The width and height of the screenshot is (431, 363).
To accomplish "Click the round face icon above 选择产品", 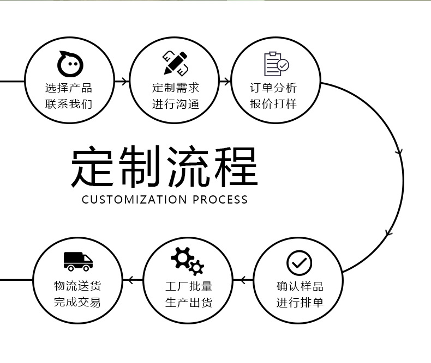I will coord(70,64).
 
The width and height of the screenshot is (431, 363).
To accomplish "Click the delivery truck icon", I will coord(78,261).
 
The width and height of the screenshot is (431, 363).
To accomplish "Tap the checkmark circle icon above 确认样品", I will coord(299,263).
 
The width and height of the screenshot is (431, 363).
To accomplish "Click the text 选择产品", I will coord(69,88).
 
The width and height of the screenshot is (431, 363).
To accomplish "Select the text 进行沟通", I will coord(176,103).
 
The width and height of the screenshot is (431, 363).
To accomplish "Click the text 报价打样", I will coord(273,103).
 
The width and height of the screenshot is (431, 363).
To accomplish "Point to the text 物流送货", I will coord(77,286).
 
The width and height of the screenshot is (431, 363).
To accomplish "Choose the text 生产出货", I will coord(189,302).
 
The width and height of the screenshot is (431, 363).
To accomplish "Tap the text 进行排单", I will coord(300,302).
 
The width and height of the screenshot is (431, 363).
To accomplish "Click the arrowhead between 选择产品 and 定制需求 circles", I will coord(125,82).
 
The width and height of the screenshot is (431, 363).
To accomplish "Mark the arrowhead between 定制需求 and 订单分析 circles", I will coord(225,82).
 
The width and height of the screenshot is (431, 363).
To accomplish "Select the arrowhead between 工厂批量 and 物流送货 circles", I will coord(130,281).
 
